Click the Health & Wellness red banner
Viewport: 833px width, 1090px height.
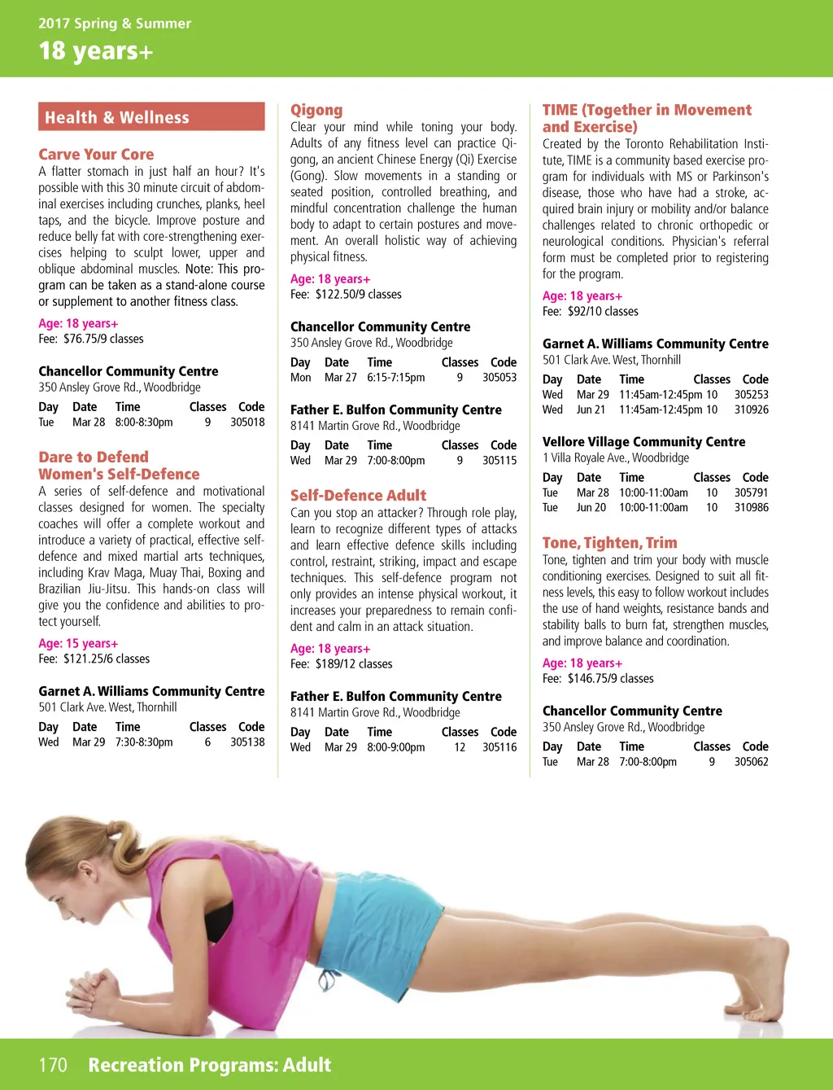[151, 117]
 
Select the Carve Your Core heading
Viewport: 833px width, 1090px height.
[96, 155]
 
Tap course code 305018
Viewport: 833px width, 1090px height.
[247, 422]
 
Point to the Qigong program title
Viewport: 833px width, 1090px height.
[316, 110]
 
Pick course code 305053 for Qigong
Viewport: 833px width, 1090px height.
[499, 378]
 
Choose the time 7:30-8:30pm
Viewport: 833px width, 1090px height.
[144, 742]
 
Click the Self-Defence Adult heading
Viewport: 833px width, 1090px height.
[358, 495]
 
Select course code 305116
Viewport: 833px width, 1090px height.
[499, 747]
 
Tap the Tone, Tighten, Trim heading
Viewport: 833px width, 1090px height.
[609, 543]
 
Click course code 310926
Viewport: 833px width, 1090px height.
[751, 409]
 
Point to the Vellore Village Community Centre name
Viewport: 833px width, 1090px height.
[643, 442]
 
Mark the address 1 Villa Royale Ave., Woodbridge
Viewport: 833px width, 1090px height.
[615, 457]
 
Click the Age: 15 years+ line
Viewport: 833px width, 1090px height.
[78, 644]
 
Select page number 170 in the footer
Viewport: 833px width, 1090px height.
[53, 1065]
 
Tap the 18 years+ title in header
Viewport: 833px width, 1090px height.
[95, 51]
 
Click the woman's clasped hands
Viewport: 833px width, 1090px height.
[94, 987]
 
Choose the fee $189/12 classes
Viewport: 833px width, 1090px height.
[341, 664]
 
